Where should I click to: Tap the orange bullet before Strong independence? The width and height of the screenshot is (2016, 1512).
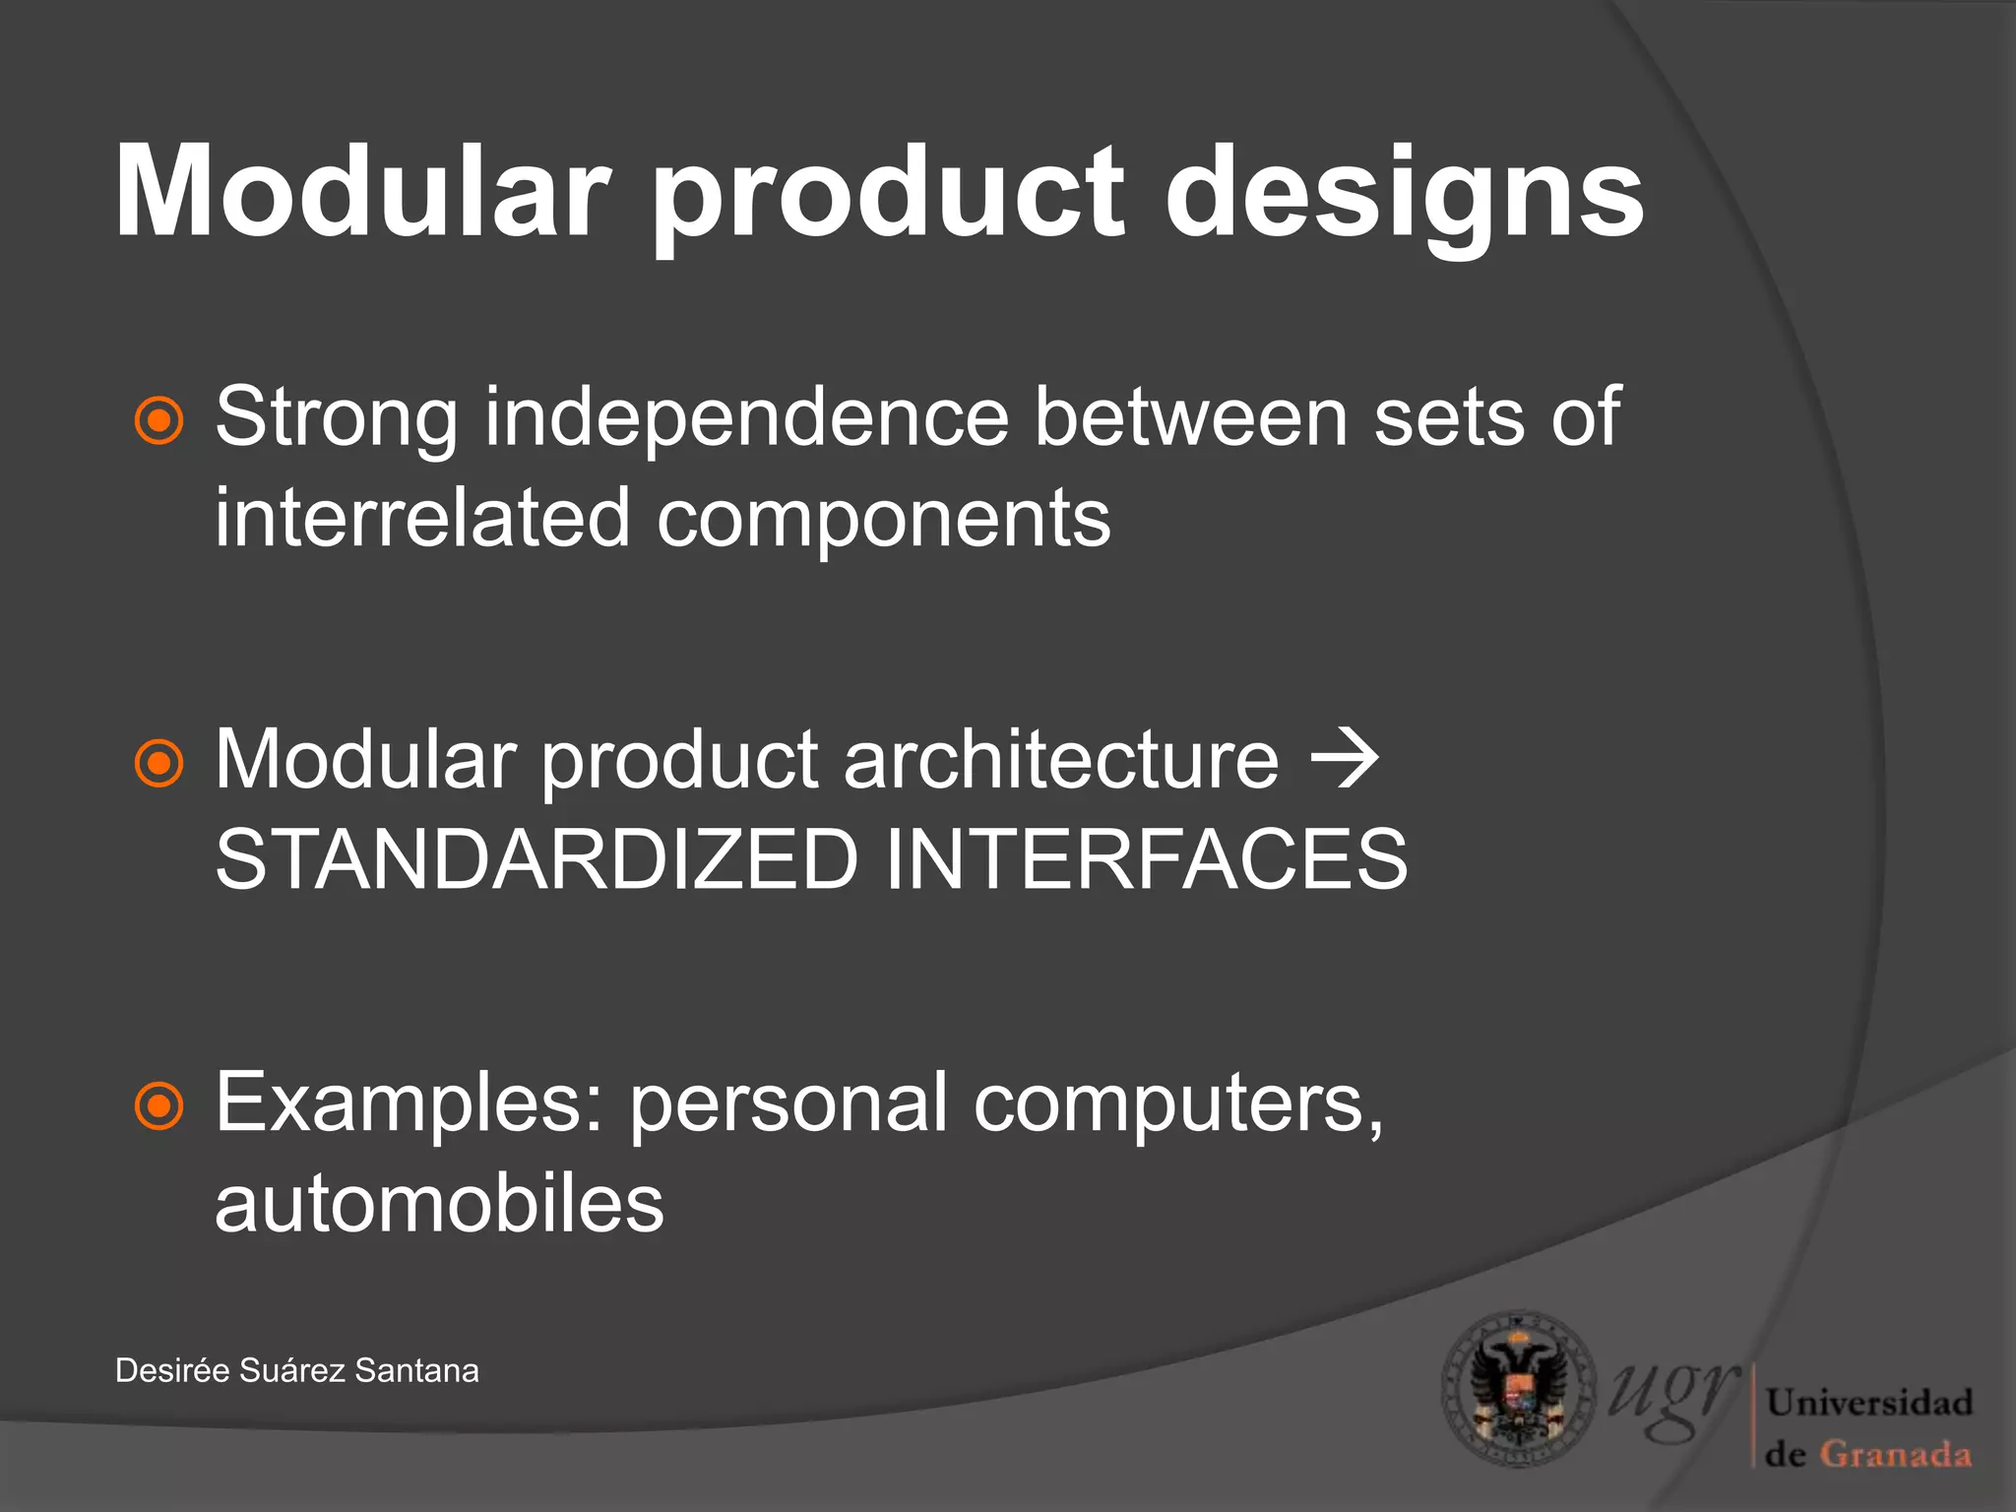click(x=158, y=421)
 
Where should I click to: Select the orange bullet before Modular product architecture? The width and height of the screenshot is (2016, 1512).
click(x=158, y=763)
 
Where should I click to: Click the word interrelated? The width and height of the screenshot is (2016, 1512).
click(x=422, y=519)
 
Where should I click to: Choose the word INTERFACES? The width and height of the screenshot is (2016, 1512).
click(x=1147, y=859)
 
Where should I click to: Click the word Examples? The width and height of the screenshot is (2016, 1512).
click(x=408, y=1104)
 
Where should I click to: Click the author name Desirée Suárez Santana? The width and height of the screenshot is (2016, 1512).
click(x=296, y=1370)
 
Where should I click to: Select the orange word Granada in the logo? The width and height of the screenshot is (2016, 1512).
click(x=1895, y=1454)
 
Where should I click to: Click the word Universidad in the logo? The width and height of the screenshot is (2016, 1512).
click(x=1869, y=1402)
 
